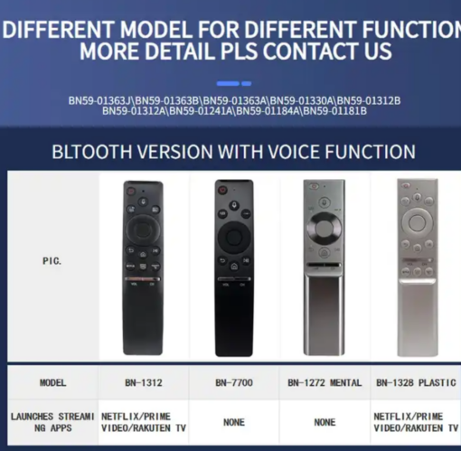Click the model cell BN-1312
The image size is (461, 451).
click(144, 383)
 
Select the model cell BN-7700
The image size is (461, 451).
click(234, 383)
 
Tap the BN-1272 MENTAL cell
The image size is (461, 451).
click(325, 383)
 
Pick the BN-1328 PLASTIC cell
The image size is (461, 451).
click(416, 383)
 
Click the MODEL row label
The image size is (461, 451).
click(52, 383)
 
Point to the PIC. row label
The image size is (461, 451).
click(52, 261)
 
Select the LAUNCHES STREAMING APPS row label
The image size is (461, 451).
click(52, 422)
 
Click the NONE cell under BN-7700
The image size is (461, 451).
click(234, 422)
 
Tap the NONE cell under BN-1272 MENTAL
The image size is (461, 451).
click(325, 422)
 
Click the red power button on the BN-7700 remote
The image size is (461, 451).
click(222, 190)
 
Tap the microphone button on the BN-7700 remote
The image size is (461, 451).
click(234, 205)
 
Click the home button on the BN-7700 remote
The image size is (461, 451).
click(234, 267)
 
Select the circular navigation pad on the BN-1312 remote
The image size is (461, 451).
click(143, 229)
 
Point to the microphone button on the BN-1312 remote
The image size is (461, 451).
click(143, 202)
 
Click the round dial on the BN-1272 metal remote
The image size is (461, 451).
click(325, 228)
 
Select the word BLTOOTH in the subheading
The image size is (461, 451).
click(92, 151)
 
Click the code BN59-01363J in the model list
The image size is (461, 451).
click(100, 100)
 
